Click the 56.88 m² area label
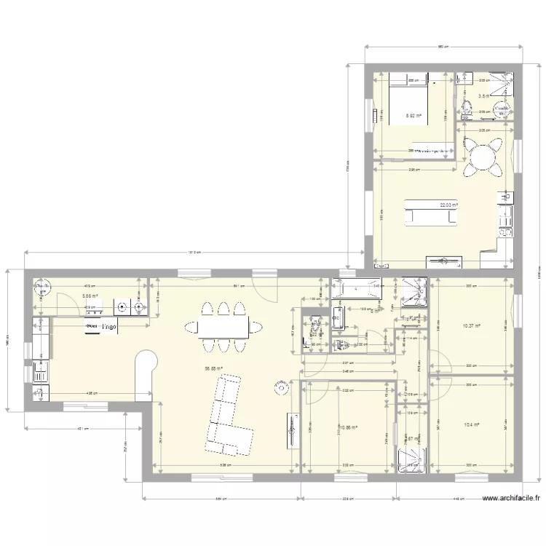213,368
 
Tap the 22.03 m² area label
448,205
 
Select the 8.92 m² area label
414,115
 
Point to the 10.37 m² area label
471,326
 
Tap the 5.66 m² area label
90,296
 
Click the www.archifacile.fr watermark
512,499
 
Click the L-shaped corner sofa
225,411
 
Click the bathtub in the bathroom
357,290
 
